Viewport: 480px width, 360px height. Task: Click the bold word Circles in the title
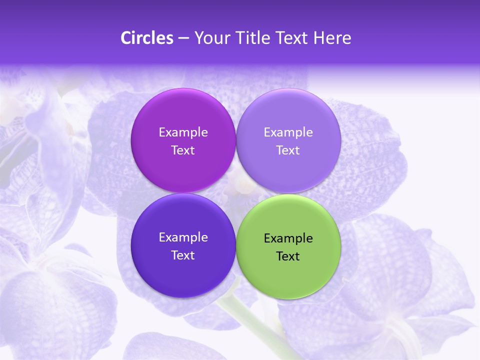click(147, 37)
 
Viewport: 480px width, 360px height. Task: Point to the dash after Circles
click(183, 38)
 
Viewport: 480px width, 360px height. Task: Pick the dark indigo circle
click(183, 270)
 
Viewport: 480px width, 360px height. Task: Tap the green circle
click(288, 272)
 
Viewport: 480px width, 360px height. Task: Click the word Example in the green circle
click(288, 238)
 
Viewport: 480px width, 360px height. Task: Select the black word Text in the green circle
click(288, 256)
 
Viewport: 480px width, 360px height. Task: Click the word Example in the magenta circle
click(183, 132)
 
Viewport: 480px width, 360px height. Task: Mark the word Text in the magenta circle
click(183, 150)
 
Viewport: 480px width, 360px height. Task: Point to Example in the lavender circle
click(288, 132)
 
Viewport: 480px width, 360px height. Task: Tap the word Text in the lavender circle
click(288, 150)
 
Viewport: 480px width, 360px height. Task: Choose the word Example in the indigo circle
click(183, 237)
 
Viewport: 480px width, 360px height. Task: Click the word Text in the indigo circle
click(183, 255)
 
